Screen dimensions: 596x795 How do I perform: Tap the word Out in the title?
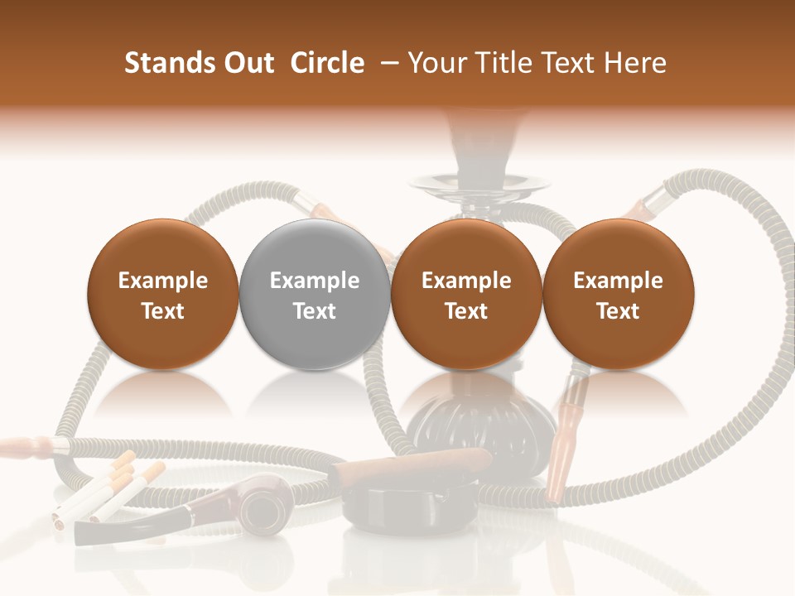click(248, 63)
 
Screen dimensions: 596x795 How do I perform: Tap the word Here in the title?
click(636, 63)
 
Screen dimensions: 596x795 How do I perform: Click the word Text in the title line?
click(568, 63)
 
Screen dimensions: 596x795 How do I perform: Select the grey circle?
click(315, 294)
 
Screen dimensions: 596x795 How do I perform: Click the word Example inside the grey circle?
click(315, 281)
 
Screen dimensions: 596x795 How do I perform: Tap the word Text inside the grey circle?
click(315, 311)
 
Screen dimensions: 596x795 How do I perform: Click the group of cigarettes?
click(104, 493)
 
